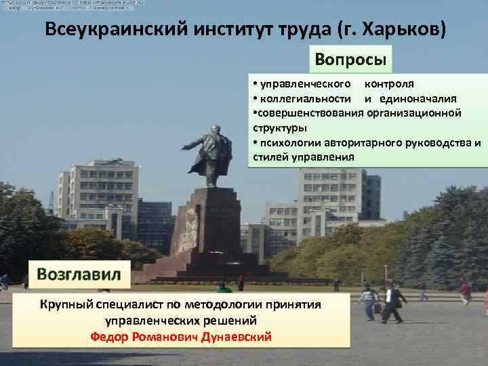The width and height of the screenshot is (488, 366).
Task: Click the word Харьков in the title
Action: [x=404, y=31]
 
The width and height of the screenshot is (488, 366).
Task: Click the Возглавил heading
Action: [x=79, y=274]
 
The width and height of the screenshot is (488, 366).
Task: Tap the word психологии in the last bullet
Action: [x=289, y=143]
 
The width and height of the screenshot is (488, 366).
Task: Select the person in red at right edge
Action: [x=465, y=292]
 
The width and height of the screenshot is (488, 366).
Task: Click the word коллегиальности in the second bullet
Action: [x=293, y=98]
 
